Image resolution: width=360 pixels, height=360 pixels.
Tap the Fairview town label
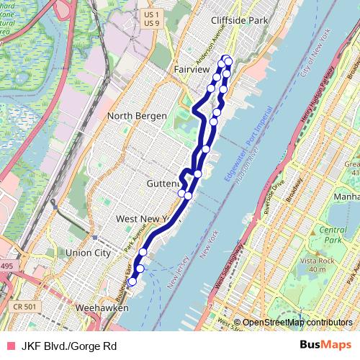click(x=191, y=68)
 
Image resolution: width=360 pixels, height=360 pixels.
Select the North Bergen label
click(x=137, y=116)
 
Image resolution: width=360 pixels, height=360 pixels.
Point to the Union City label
click(x=88, y=253)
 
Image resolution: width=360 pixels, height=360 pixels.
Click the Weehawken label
click(x=102, y=307)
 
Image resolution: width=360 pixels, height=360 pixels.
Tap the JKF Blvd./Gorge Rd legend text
click(x=69, y=346)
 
